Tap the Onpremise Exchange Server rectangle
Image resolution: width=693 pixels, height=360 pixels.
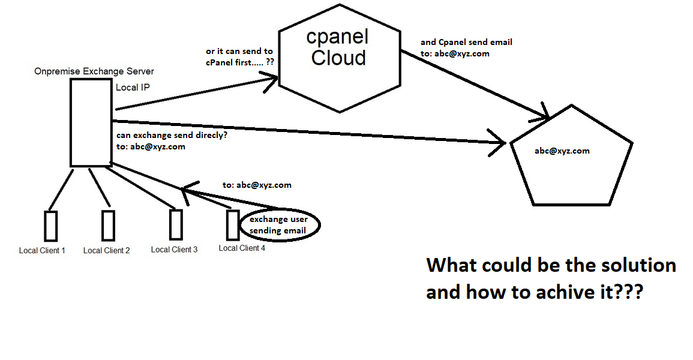91,123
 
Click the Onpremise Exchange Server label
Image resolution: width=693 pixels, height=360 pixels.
94,72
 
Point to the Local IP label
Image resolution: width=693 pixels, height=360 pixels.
133,88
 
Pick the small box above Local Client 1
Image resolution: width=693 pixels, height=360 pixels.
50,226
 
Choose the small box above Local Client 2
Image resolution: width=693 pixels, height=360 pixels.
108,225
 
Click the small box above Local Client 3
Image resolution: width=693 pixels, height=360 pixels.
176,224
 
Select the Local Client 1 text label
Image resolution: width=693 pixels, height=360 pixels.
42,250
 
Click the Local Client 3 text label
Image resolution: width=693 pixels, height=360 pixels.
174,249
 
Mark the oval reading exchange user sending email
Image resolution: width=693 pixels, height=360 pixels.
280,225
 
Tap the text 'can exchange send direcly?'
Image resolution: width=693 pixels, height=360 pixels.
171,135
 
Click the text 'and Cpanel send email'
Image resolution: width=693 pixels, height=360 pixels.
466,42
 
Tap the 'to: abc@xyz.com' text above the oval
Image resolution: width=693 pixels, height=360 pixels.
257,185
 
